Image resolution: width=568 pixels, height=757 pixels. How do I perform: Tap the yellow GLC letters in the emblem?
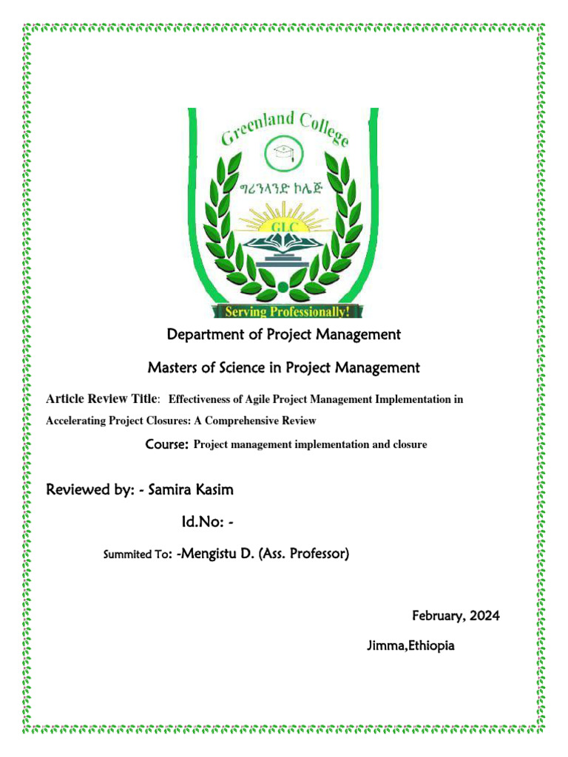[x=285, y=225]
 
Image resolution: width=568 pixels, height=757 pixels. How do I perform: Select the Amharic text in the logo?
[x=284, y=189]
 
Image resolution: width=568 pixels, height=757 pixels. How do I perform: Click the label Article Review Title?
[x=101, y=399]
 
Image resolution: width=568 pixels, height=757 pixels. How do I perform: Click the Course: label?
[x=168, y=445]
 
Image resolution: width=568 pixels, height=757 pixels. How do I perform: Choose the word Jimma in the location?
[x=385, y=646]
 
